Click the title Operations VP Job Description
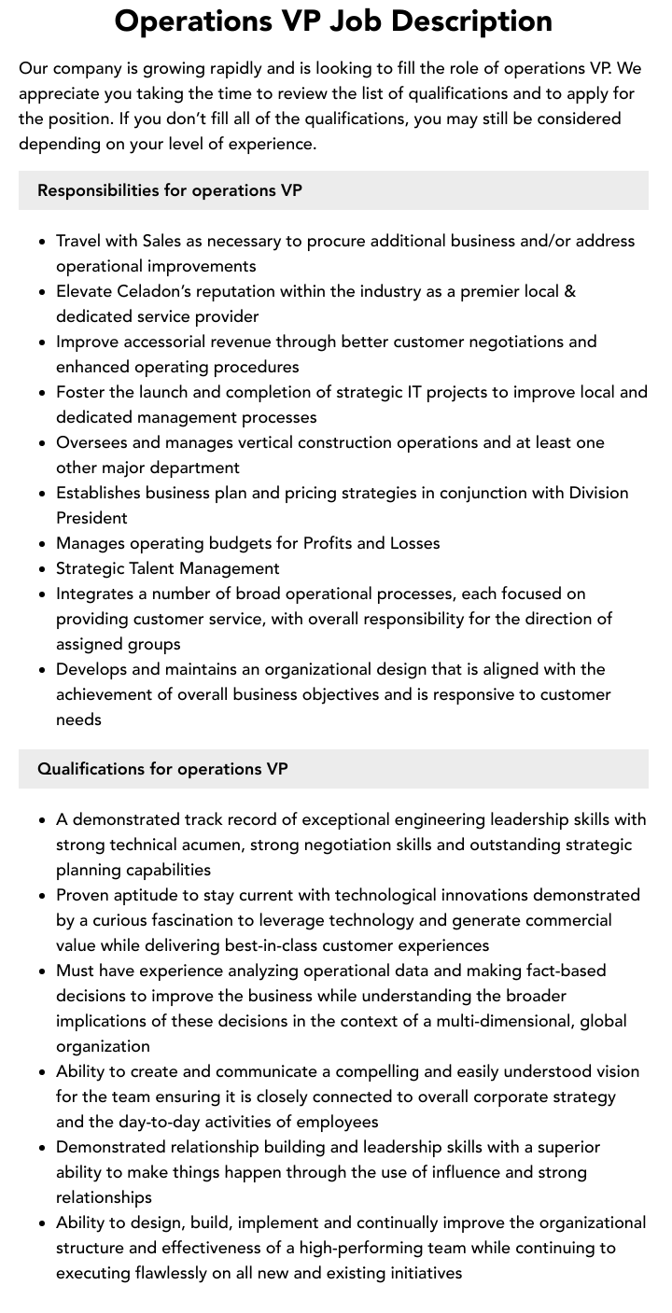[x=333, y=21]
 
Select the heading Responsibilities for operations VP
[x=170, y=190]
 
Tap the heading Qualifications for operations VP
[x=162, y=769]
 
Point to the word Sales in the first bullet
[x=161, y=241]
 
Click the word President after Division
[x=91, y=518]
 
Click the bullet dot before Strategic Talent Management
[x=43, y=568]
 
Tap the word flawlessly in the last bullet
[x=174, y=1273]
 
